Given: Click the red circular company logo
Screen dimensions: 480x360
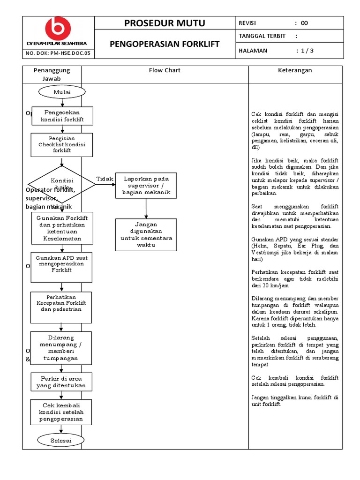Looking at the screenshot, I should coord(58,29).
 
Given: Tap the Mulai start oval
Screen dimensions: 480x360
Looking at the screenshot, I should coord(62,92).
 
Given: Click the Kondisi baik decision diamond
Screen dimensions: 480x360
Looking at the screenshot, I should coord(62,184).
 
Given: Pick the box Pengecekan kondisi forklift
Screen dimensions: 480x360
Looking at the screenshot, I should coord(62,116).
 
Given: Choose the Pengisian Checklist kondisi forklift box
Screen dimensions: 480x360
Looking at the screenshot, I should coord(62,145).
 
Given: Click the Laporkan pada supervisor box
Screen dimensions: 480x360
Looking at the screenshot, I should coord(146,186).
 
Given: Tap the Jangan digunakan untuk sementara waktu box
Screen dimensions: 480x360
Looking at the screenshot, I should coord(146,235).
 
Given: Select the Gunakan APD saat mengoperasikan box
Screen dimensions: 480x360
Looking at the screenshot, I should coord(62,267).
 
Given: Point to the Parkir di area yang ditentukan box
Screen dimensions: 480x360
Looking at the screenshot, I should coord(62,382).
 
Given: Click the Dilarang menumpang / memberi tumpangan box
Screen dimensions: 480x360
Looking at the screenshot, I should coord(62,348).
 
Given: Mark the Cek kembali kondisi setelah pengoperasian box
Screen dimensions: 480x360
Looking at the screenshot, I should coord(62,412).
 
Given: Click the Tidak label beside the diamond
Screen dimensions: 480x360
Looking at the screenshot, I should coord(104,179).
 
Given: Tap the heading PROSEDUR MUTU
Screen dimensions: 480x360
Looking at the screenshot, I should coord(165,23).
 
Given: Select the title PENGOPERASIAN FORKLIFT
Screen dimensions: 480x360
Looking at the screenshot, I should coord(165,44).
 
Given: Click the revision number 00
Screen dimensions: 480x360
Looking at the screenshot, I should coord(304,23).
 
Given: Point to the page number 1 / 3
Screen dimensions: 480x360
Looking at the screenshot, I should coord(305,51).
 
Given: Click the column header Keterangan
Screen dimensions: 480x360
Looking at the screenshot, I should coord(295,70).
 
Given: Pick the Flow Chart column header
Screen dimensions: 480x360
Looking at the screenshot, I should coord(165,70).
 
